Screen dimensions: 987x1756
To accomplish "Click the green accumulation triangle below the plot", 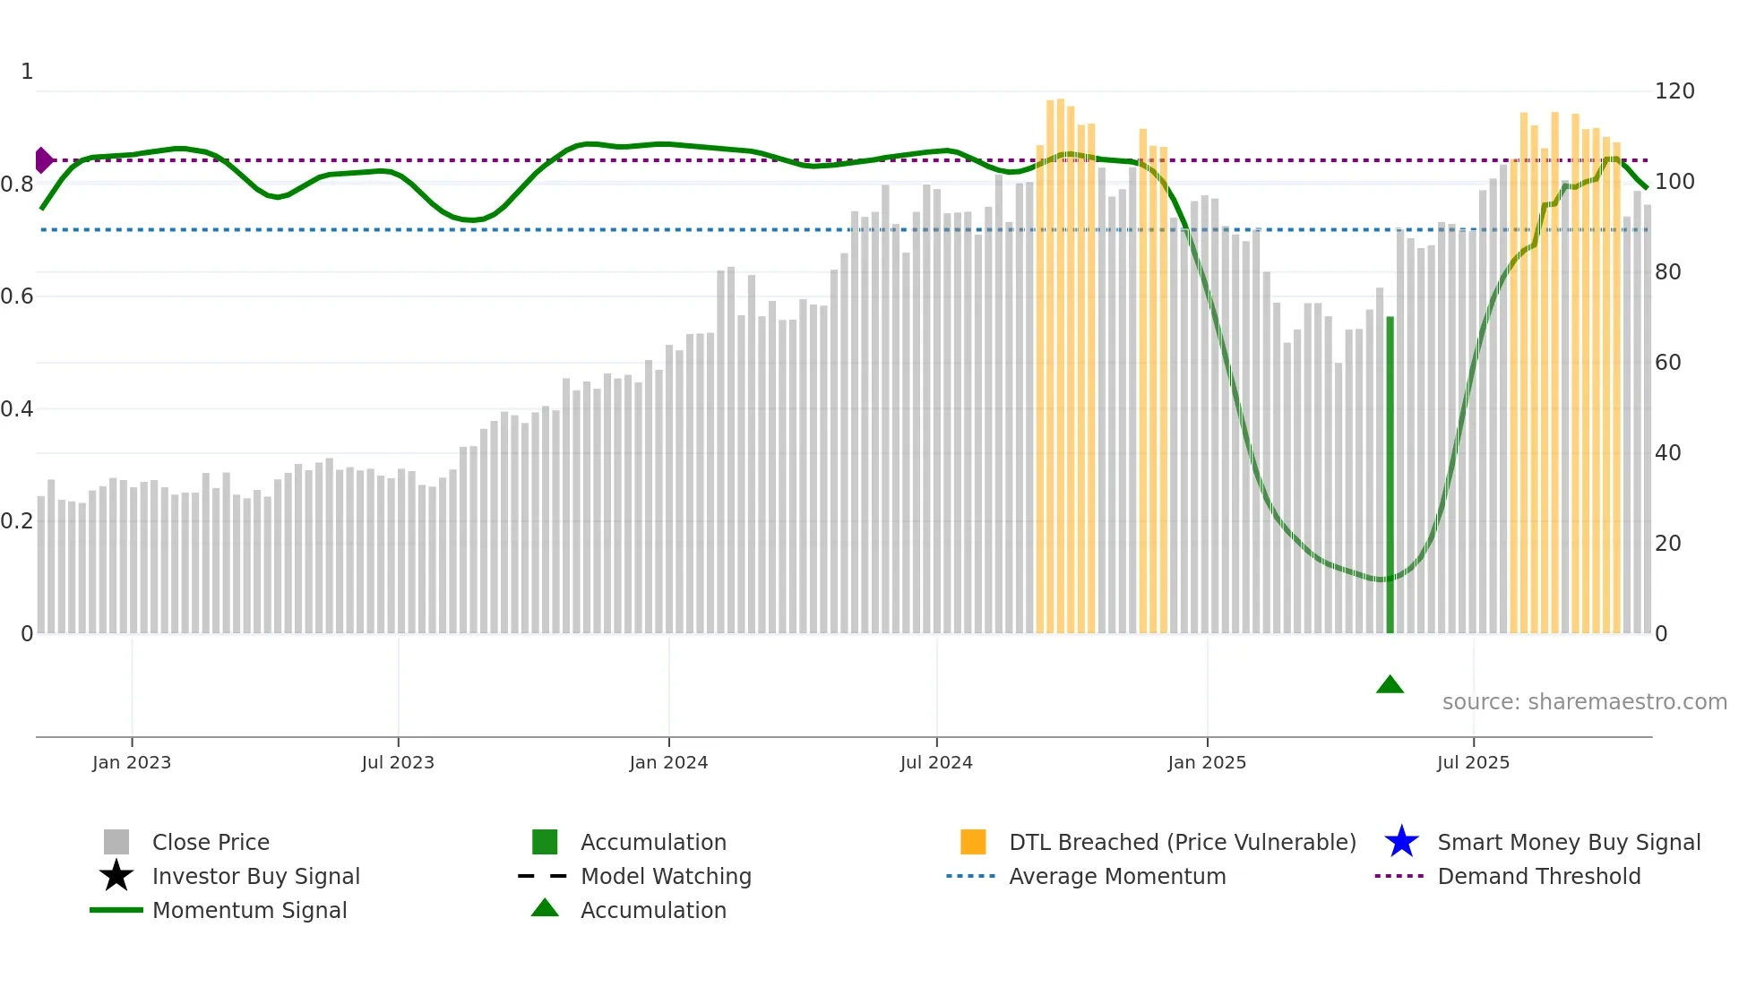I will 1390,685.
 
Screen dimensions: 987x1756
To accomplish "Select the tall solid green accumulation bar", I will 1390,475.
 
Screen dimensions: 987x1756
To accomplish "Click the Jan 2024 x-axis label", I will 668,762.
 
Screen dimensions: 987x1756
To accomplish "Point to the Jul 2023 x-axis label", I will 398,762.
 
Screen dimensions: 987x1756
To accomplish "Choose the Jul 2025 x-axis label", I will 1473,762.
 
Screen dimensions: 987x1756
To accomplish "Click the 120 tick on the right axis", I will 1674,91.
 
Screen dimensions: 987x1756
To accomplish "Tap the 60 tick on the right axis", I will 1667,363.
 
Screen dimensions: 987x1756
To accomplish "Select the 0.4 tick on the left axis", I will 17,409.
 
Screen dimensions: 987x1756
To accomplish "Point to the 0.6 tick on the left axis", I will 17,296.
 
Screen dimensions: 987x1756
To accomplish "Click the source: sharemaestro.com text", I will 1584,702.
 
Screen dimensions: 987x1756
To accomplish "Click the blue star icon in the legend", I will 1401,842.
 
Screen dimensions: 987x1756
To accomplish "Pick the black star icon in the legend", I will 116,876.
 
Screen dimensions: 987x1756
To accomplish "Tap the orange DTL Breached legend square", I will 973,842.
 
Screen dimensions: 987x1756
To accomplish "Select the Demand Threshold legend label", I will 1538,876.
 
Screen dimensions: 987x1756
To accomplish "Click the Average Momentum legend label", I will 1116,876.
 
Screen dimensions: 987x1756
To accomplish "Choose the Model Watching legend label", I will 666,876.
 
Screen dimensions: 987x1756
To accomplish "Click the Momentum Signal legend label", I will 249,910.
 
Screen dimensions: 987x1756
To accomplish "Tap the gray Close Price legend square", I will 116,842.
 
